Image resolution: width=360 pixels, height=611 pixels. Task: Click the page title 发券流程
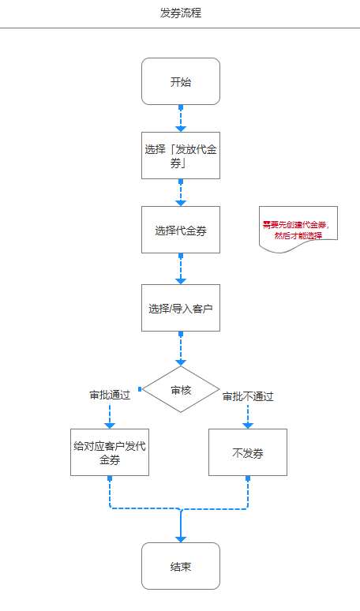click(x=180, y=13)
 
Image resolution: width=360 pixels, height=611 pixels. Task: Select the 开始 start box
click(x=180, y=81)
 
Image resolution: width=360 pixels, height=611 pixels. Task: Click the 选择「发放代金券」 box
click(x=180, y=156)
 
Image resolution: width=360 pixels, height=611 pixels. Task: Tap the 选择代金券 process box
click(x=180, y=230)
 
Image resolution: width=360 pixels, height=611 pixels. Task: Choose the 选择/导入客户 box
click(x=180, y=308)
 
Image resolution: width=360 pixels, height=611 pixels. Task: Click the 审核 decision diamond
click(x=180, y=389)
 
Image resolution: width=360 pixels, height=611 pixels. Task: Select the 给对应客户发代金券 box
click(x=109, y=452)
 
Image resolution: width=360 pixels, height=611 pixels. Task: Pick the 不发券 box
click(x=247, y=452)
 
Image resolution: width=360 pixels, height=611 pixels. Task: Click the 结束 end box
click(x=180, y=566)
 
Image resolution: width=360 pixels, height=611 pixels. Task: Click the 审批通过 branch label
click(x=110, y=395)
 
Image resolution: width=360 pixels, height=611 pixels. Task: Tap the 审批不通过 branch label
click(x=248, y=396)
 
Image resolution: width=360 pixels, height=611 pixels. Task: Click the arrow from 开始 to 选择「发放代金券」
click(x=180, y=118)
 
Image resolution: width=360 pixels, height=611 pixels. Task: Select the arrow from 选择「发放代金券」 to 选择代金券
click(x=180, y=193)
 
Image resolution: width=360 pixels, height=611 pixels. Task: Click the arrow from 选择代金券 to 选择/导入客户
click(x=180, y=268)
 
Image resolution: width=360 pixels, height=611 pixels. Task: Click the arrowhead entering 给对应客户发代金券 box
click(x=110, y=425)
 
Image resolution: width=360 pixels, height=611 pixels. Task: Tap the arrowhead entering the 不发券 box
click(x=247, y=425)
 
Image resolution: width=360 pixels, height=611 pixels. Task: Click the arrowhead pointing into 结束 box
click(x=180, y=538)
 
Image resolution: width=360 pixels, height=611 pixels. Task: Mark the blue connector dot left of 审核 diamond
click(x=140, y=389)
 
